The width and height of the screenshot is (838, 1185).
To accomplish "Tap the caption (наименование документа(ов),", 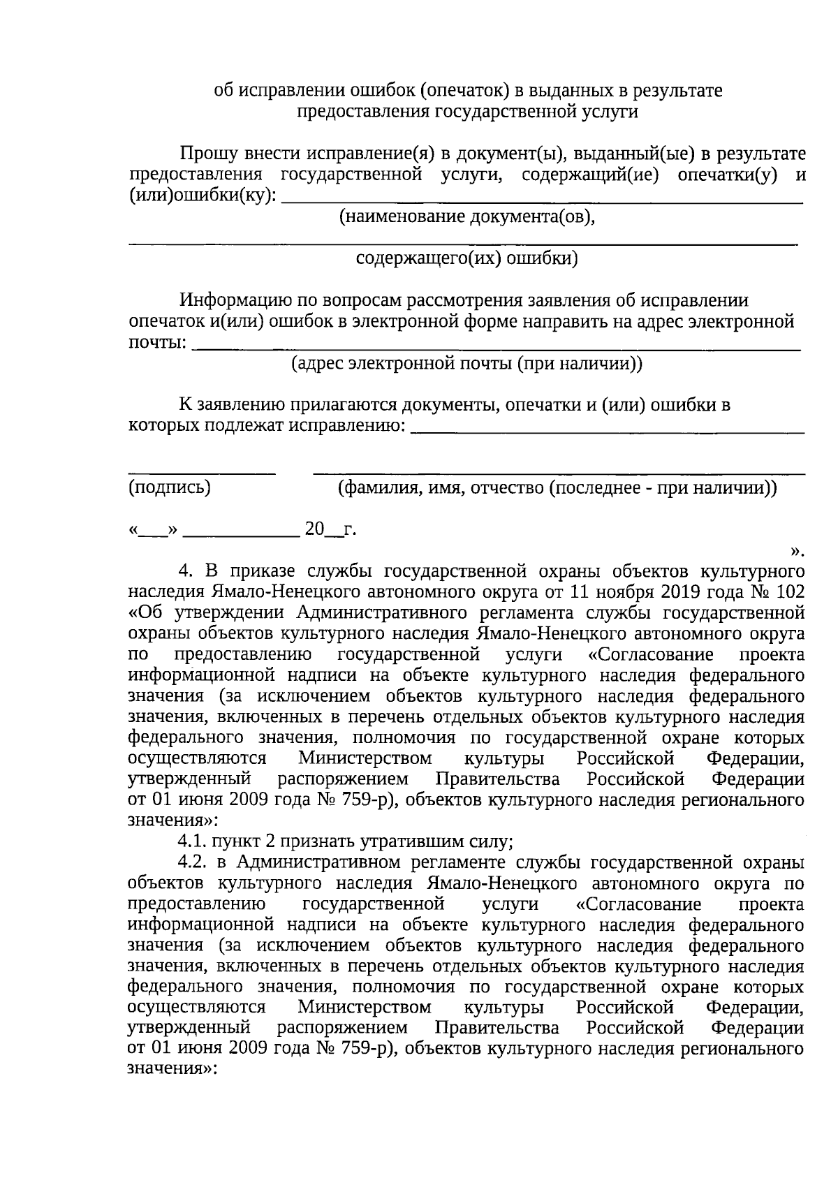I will pos(466,217).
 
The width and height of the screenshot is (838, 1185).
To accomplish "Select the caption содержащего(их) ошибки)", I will pos(466,259).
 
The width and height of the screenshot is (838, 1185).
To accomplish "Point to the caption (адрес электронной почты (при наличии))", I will pos(466,364).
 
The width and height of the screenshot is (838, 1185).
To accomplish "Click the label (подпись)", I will pos(170,487).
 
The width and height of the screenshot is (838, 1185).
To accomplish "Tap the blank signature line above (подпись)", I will pos(202,473).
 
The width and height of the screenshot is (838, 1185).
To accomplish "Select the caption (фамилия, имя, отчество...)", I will pos(557,487).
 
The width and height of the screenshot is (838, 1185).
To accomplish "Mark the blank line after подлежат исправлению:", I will pos(608,432).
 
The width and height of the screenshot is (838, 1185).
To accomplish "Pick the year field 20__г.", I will pos(330,531).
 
